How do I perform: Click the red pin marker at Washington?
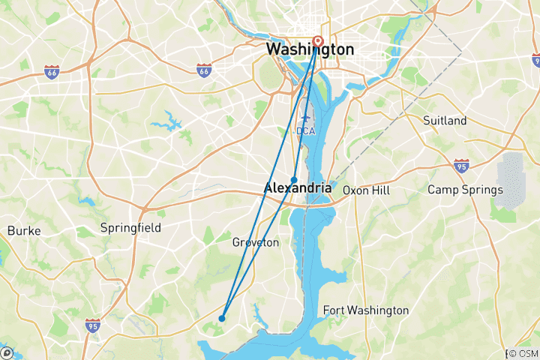[x=316, y=41]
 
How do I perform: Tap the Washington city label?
[x=309, y=49]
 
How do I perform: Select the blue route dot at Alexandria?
[x=295, y=179]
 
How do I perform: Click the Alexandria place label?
[x=298, y=189]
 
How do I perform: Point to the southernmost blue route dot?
[x=222, y=318]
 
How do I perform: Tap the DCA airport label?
[x=306, y=130]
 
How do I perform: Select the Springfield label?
[x=130, y=227]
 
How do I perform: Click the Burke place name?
[x=23, y=231]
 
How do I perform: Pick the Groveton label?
[x=256, y=243]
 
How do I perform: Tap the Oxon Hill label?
[x=367, y=190]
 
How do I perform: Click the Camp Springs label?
[x=465, y=190]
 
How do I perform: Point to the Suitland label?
[x=445, y=121]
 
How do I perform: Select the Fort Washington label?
[x=365, y=310]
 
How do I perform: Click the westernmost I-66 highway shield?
[x=51, y=71]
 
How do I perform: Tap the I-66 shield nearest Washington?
[x=203, y=70]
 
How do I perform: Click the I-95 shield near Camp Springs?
[x=461, y=165]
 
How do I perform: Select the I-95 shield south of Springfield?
[x=92, y=325]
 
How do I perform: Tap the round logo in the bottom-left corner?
[x=6, y=352]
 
